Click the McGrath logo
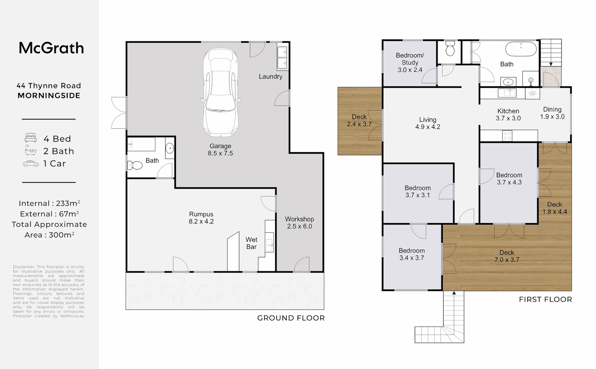(51, 48)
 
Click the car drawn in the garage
(221, 92)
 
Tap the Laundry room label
(270, 77)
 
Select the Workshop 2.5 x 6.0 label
(300, 222)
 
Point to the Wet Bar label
(251, 243)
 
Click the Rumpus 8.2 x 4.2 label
(201, 218)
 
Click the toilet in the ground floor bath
(135, 165)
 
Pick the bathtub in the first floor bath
(521, 49)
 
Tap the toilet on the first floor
(450, 49)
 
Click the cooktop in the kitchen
(507, 136)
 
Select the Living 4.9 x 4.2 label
(428, 123)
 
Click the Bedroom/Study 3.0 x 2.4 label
(410, 63)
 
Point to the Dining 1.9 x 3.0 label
(552, 113)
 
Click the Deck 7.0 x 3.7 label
(507, 256)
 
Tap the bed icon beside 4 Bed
(31, 138)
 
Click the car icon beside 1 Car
(31, 164)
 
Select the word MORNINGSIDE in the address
(49, 96)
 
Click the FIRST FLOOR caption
(545, 300)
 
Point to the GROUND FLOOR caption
(291, 318)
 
